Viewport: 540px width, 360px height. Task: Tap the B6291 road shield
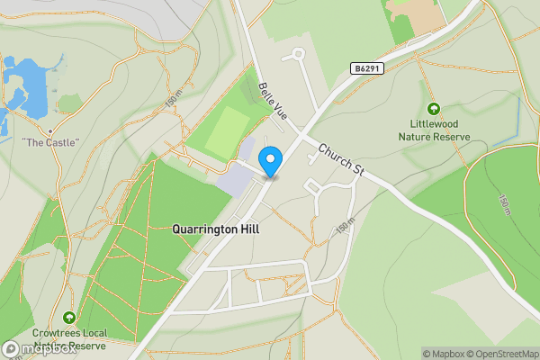(367, 68)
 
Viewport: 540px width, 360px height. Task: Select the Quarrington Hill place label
(215, 229)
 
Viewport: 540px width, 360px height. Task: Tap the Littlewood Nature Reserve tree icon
(435, 109)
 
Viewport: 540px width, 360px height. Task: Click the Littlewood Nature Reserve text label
(435, 130)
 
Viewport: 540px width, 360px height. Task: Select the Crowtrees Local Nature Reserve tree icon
(69, 317)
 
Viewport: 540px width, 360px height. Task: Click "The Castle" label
(50, 142)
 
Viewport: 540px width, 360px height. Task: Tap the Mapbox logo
(40, 349)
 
